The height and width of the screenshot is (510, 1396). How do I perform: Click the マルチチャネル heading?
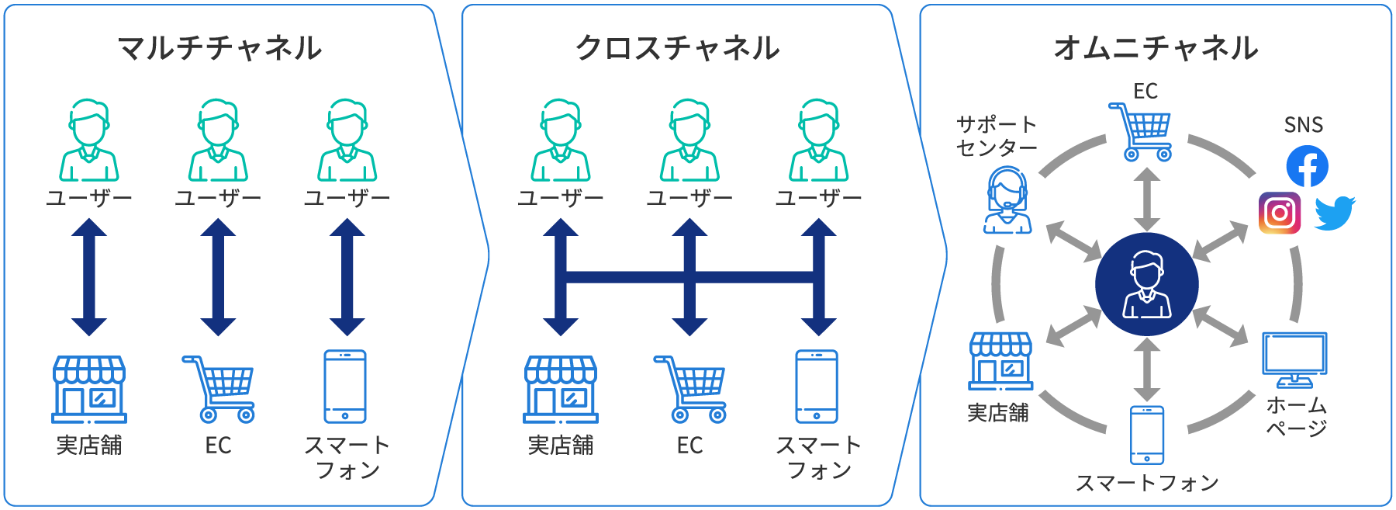(x=219, y=48)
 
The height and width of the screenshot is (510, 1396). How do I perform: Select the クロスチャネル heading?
(x=677, y=48)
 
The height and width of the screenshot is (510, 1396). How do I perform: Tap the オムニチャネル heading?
(x=1156, y=48)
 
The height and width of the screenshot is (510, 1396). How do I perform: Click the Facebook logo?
(x=1307, y=166)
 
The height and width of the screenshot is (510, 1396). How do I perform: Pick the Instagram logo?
(x=1279, y=213)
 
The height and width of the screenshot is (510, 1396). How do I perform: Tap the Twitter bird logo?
(x=1335, y=213)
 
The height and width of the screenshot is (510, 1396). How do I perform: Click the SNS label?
(x=1303, y=125)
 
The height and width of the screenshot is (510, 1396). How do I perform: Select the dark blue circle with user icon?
(x=1146, y=284)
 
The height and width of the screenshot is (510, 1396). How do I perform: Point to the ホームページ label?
(x=1297, y=417)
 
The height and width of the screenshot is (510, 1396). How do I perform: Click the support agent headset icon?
(x=1007, y=200)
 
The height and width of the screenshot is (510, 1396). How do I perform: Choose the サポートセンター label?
(x=997, y=136)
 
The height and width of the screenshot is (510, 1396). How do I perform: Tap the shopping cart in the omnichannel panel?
(x=1141, y=131)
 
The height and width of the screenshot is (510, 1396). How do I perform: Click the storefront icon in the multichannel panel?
(x=89, y=389)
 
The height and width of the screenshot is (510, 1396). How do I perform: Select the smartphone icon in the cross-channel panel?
(x=817, y=386)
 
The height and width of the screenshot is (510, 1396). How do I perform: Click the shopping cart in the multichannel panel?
(x=219, y=389)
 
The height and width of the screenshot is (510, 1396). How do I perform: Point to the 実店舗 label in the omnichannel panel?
(x=998, y=413)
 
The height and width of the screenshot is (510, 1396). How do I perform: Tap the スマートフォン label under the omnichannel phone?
(x=1147, y=484)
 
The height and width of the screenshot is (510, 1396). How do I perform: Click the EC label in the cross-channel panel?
(x=689, y=446)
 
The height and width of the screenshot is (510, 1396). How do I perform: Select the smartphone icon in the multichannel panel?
(x=345, y=386)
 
